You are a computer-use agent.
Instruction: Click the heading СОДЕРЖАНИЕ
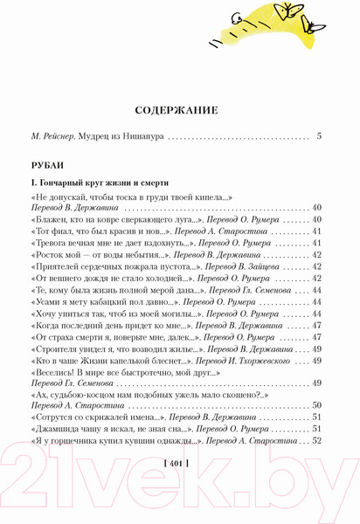[x=180, y=111]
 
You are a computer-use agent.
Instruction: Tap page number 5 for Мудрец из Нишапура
[x=320, y=136]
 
